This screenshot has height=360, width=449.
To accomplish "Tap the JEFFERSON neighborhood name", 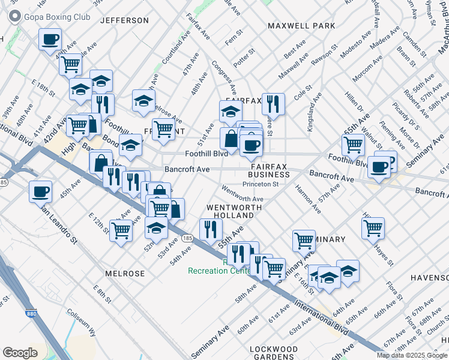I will pyautogui.click(x=124, y=20).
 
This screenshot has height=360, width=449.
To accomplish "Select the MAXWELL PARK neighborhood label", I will pyautogui.click(x=301, y=26).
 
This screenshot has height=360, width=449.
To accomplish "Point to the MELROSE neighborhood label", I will pyautogui.click(x=125, y=274).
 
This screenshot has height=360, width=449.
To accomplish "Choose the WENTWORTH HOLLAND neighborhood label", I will pyautogui.click(x=234, y=211).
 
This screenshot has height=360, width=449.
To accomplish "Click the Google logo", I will pyautogui.click(x=20, y=353).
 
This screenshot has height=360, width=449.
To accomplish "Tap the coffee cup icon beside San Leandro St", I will pyautogui.click(x=41, y=192).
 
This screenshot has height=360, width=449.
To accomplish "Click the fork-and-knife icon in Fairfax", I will pyautogui.click(x=273, y=104).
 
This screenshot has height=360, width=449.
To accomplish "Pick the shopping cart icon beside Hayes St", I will pyautogui.click(x=373, y=228).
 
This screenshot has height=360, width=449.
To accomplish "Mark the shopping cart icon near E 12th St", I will pyautogui.click(x=121, y=230).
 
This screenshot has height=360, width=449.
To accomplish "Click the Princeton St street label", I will pyautogui.click(x=260, y=184).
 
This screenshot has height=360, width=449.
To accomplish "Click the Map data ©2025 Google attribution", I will pyautogui.click(x=412, y=355).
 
